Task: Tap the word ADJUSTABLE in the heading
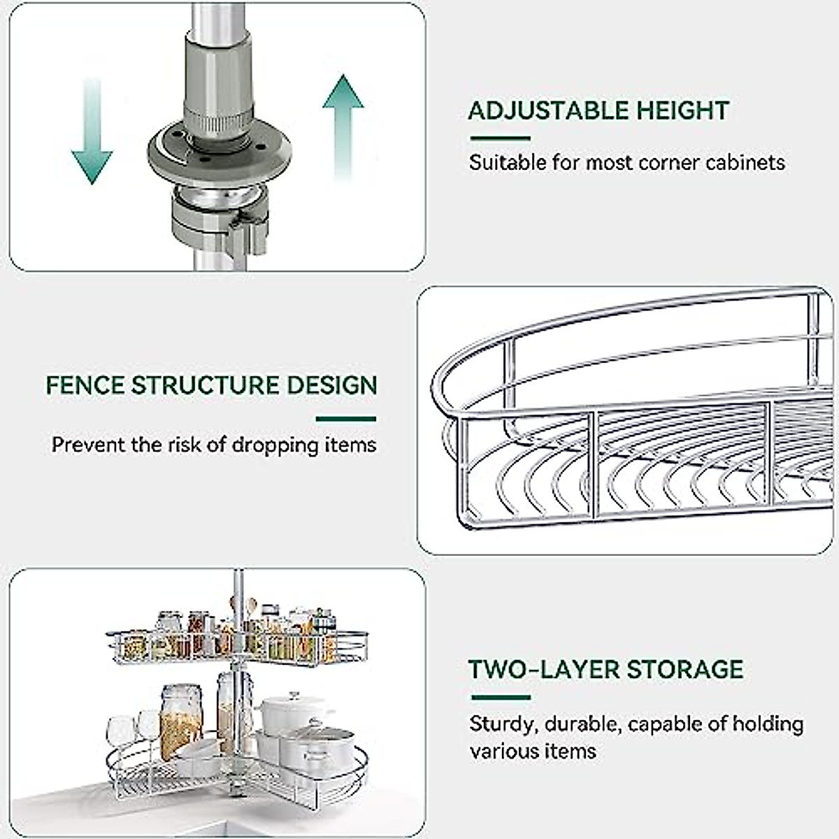click(x=547, y=110)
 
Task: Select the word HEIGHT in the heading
click(x=682, y=110)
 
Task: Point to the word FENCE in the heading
click(x=85, y=385)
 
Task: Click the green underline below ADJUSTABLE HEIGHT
click(x=499, y=138)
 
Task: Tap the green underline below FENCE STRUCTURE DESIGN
click(x=346, y=419)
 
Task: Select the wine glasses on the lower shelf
click(x=134, y=731)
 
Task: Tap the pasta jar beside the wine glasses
click(x=181, y=720)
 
